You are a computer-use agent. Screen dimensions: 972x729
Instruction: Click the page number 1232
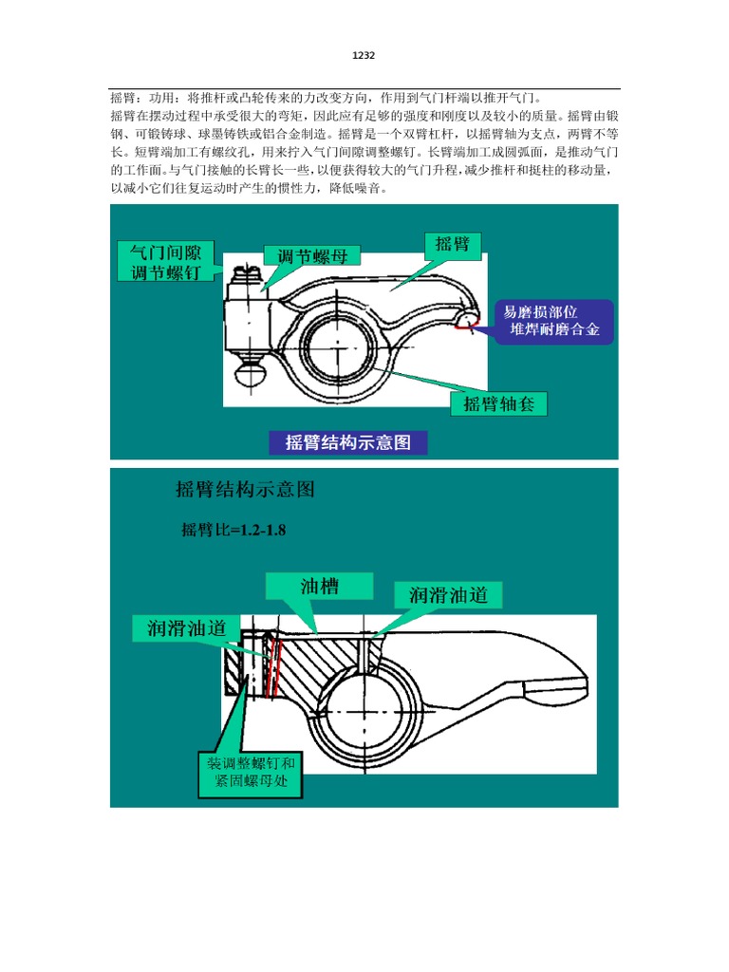pos(364,56)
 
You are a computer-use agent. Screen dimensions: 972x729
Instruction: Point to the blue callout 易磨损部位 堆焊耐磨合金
pos(553,321)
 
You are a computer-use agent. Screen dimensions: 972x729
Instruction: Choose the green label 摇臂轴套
pos(498,403)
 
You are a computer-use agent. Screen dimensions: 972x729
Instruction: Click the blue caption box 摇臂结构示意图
pos(347,442)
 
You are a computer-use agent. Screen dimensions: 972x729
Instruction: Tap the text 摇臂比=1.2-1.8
pos(234,530)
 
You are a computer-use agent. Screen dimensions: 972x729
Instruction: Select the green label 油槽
pos(320,587)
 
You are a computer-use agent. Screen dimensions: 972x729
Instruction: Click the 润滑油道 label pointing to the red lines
pos(186,627)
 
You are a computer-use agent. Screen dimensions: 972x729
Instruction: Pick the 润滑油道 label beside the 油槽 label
pos(448,595)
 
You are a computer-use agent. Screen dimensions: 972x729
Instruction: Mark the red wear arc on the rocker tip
pos(465,326)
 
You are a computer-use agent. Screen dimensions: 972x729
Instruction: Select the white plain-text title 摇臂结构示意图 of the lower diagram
pos(245,490)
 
